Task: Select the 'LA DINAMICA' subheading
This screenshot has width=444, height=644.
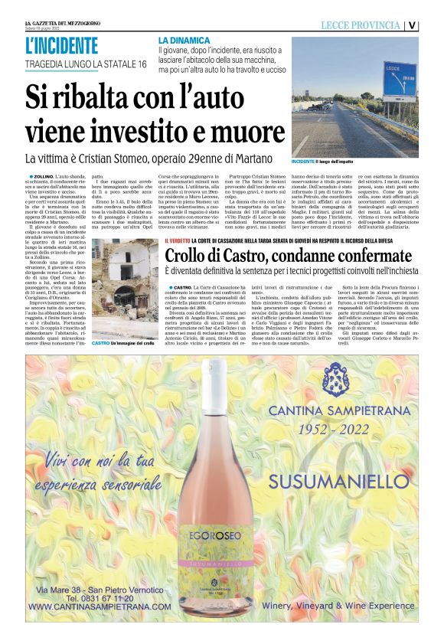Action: (x=184, y=39)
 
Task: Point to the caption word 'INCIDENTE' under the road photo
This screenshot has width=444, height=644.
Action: (x=304, y=163)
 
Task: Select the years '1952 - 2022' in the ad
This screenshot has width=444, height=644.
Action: (x=341, y=430)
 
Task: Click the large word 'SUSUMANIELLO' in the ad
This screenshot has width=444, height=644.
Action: (x=342, y=482)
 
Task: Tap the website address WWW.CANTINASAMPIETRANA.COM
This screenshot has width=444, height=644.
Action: (x=100, y=606)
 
